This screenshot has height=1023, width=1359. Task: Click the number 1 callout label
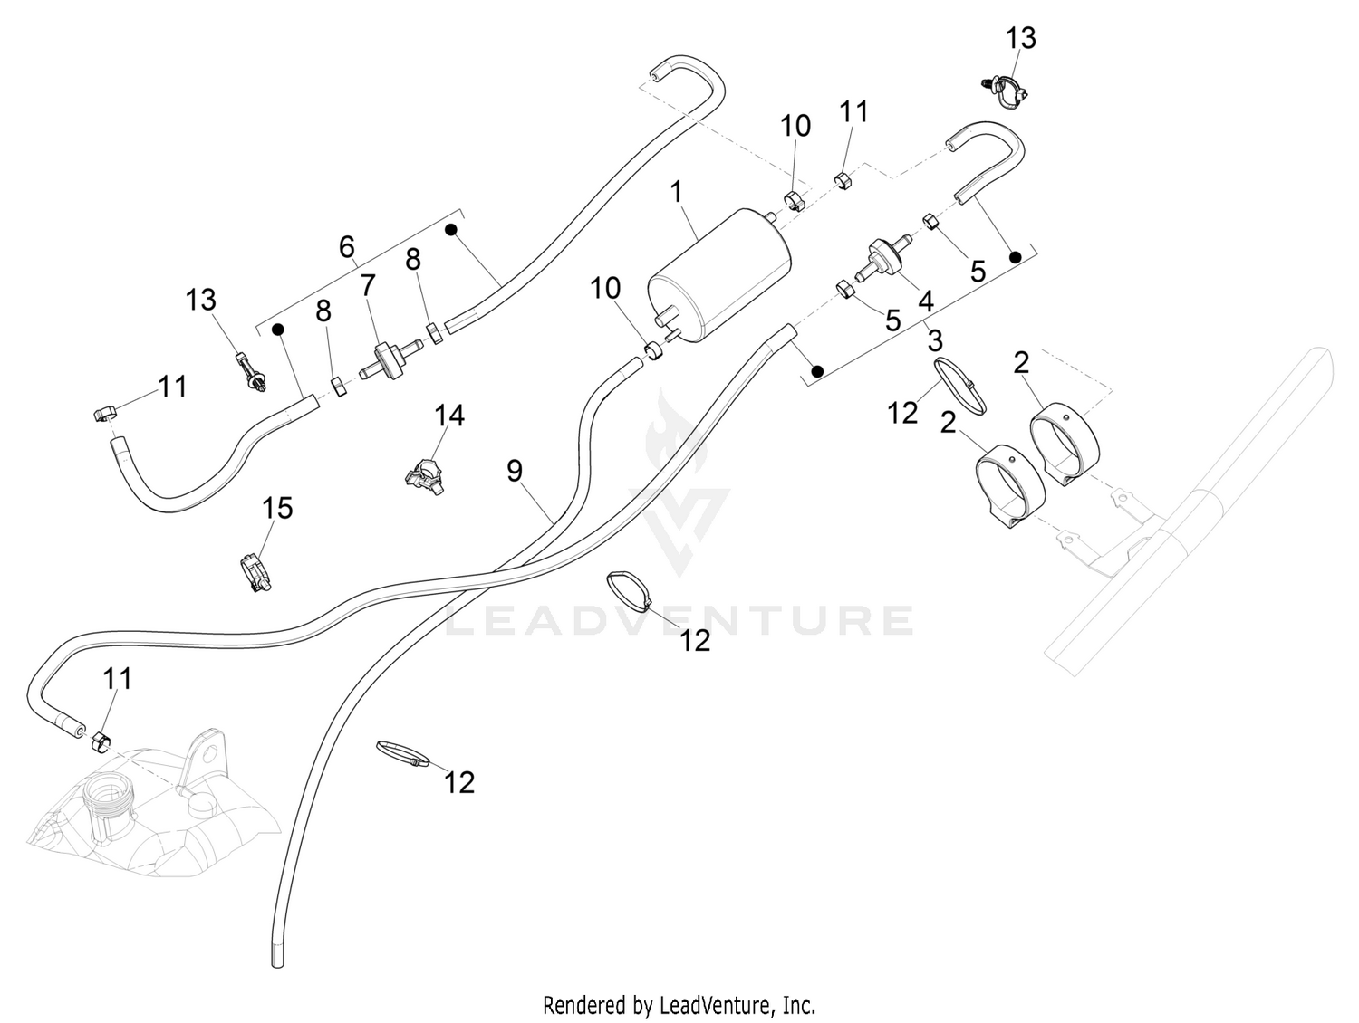pyautogui.click(x=676, y=192)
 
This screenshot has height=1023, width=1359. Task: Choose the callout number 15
pyautogui.click(x=276, y=509)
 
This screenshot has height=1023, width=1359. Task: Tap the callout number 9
pyautogui.click(x=515, y=471)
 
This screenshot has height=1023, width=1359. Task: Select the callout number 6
pyautogui.click(x=347, y=247)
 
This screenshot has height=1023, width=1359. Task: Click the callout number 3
pyautogui.click(x=935, y=340)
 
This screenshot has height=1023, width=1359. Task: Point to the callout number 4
pyautogui.click(x=925, y=301)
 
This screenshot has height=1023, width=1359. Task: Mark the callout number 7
pyautogui.click(x=368, y=285)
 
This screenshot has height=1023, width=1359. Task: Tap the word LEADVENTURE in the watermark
pyautogui.click(x=679, y=619)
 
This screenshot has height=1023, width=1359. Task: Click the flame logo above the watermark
pyautogui.click(x=676, y=435)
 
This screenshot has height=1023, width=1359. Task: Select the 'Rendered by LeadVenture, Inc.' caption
pyautogui.click(x=679, y=1005)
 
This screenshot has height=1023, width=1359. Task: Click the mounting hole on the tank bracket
pyautogui.click(x=210, y=754)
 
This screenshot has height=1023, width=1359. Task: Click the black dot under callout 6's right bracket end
pyautogui.click(x=450, y=229)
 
